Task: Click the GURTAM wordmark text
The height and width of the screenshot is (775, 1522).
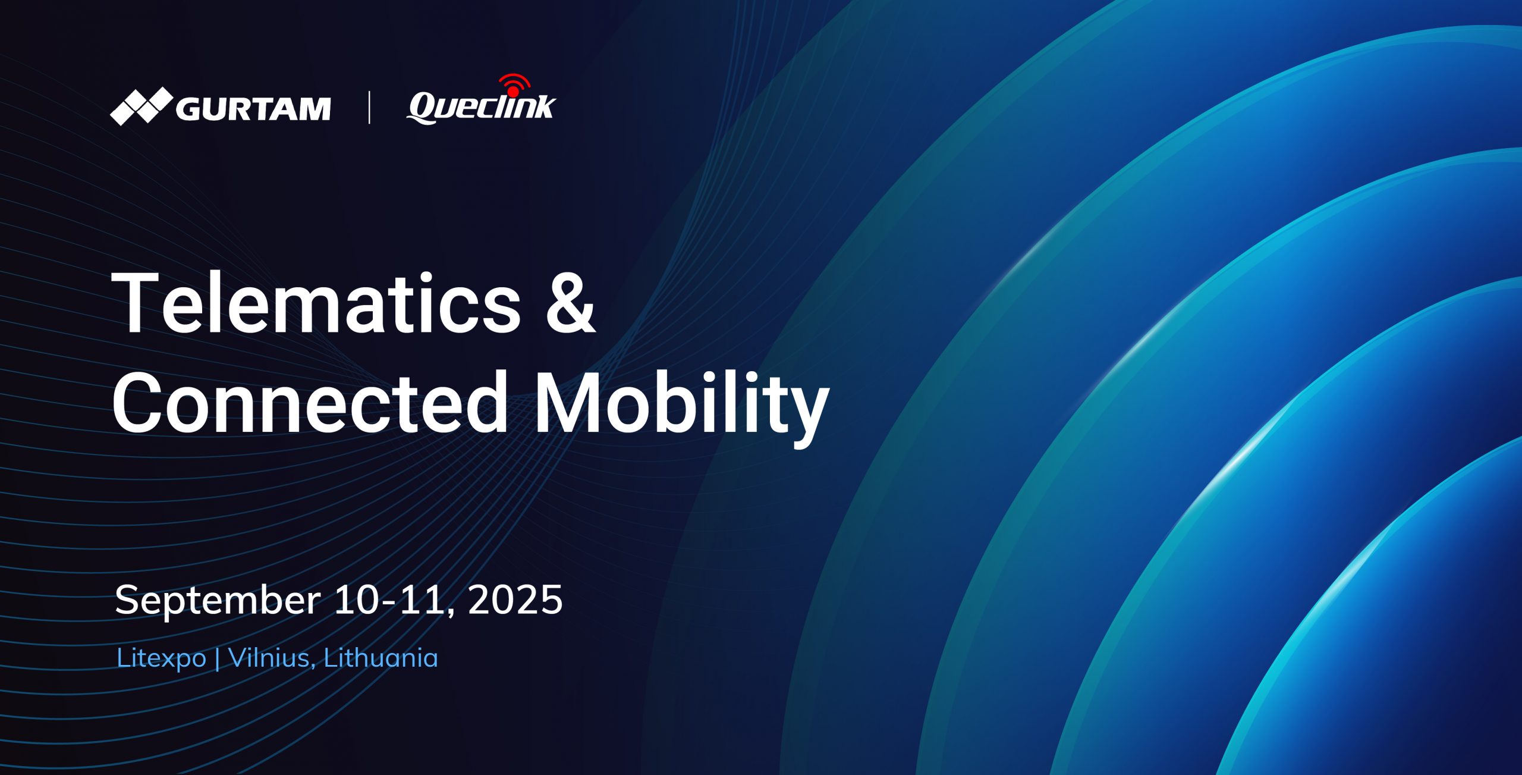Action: tap(253, 109)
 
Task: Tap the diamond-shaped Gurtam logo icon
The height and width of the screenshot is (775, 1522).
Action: tap(141, 106)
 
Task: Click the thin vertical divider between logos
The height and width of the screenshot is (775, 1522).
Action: tap(369, 107)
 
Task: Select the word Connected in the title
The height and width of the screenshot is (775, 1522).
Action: tap(309, 402)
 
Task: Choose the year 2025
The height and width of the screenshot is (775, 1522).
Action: tap(515, 600)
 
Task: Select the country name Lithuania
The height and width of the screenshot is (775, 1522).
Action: tap(380, 657)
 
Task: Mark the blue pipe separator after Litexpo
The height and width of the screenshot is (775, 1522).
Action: tap(217, 658)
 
